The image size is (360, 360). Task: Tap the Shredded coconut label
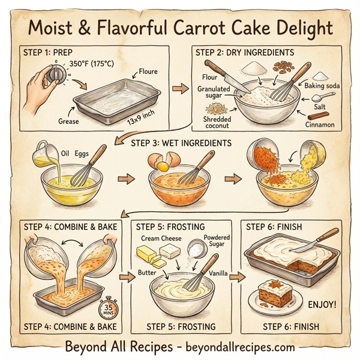[217, 122]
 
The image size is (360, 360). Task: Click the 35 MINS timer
[107, 310]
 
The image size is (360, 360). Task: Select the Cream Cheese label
[161, 238]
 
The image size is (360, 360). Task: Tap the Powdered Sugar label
[217, 241]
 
